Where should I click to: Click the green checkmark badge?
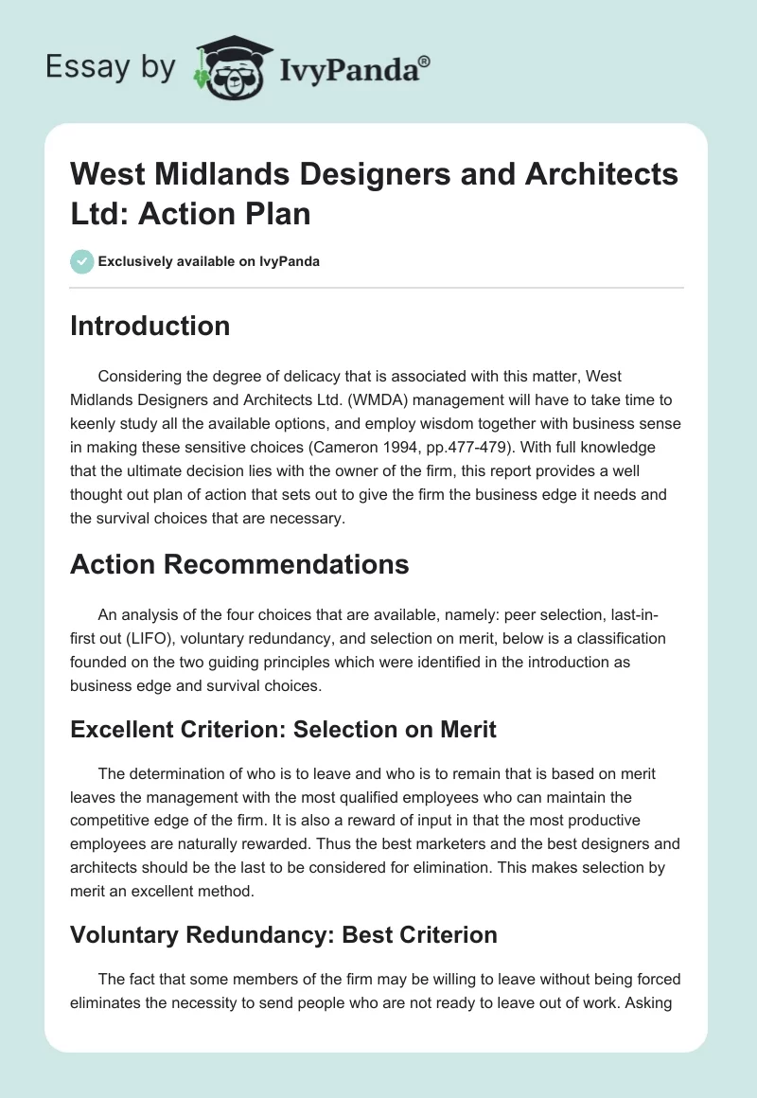coord(82,261)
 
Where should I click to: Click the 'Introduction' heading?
coord(150,327)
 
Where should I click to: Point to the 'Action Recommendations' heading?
coord(239,565)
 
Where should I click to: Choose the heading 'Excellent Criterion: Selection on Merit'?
coord(284,731)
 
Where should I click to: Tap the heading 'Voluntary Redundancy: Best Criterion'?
coord(284,935)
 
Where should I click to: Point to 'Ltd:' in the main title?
coord(103,213)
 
